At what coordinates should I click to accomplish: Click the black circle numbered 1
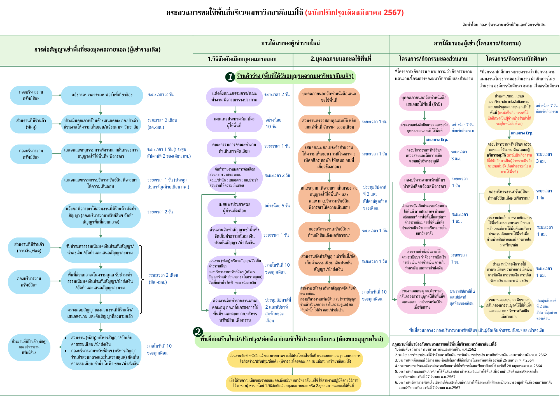pyautogui.click(x=230, y=77)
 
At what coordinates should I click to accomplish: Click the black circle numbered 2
pyautogui.click(x=198, y=332)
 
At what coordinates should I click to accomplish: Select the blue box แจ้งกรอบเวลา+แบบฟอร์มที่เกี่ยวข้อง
pyautogui.click(x=102, y=95)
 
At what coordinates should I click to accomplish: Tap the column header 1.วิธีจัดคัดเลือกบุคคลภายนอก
pyautogui.click(x=242, y=59)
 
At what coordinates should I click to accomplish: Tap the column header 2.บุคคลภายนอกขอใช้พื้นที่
pyautogui.click(x=341, y=59)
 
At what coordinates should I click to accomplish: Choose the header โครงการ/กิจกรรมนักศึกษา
pyautogui.click(x=517, y=59)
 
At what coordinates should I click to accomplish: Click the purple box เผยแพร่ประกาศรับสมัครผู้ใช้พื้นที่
pyautogui.click(x=234, y=122)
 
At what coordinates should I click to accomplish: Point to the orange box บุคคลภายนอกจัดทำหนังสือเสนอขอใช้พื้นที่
pyautogui.click(x=329, y=97)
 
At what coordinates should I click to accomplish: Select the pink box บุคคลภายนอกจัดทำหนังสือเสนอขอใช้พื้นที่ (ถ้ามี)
pyautogui.click(x=424, y=101)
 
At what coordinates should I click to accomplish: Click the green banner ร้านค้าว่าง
pyautogui.click(x=295, y=76)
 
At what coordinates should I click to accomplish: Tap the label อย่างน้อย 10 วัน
pyautogui.click(x=273, y=123)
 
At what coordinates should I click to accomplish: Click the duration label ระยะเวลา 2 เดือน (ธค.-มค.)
pyautogui.click(x=162, y=124)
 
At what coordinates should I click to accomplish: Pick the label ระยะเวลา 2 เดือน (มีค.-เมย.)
pyautogui.click(x=163, y=279)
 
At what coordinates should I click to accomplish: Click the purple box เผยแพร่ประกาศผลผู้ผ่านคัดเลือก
pyautogui.click(x=234, y=208)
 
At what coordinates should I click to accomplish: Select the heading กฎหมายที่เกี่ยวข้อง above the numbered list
pyautogui.click(x=444, y=344)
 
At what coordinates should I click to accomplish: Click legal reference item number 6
pyautogui.click(x=473, y=385)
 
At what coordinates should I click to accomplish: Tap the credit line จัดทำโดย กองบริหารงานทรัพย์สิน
pyautogui.click(x=504, y=25)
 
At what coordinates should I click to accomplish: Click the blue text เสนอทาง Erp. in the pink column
pyautogui.click(x=437, y=139)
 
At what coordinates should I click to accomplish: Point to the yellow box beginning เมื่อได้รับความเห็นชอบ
pyautogui.click(x=293, y=383)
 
